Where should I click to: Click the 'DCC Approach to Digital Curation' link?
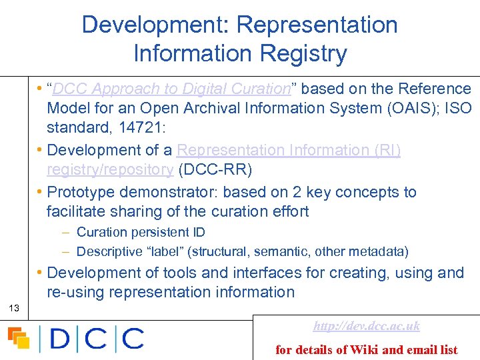pos(171,89)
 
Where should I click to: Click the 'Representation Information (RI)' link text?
pos(289,151)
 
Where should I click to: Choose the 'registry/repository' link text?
pos(110,170)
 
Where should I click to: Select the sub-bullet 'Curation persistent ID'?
pos(141,233)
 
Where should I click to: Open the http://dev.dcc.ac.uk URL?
pos(367,326)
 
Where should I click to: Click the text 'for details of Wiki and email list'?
pos(367,349)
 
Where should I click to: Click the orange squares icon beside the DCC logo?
pos(19,338)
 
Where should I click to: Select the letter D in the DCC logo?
pos(59,338)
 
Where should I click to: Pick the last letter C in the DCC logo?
pos(131,338)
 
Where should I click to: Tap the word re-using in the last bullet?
pos(75,292)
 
